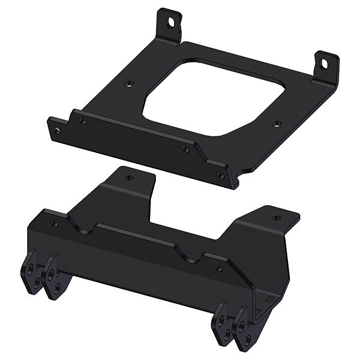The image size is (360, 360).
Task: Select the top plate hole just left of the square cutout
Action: tap(128, 83)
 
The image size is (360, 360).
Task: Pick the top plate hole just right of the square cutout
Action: tap(276, 124)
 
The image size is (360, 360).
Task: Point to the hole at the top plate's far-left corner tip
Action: tap(58, 128)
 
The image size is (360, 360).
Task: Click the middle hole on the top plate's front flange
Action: tap(186, 148)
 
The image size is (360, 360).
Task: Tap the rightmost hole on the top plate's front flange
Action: tap(221, 175)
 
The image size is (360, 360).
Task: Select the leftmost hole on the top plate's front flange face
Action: tap(83, 121)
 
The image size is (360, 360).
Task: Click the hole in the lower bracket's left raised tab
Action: tap(128, 178)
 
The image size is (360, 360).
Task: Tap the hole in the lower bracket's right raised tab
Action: tap(275, 218)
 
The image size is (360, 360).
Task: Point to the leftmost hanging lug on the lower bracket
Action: tap(31, 273)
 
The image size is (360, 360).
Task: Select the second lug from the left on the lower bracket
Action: tap(52, 278)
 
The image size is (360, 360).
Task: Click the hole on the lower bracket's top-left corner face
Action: tap(54, 224)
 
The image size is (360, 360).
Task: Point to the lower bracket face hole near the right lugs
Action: tap(218, 269)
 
